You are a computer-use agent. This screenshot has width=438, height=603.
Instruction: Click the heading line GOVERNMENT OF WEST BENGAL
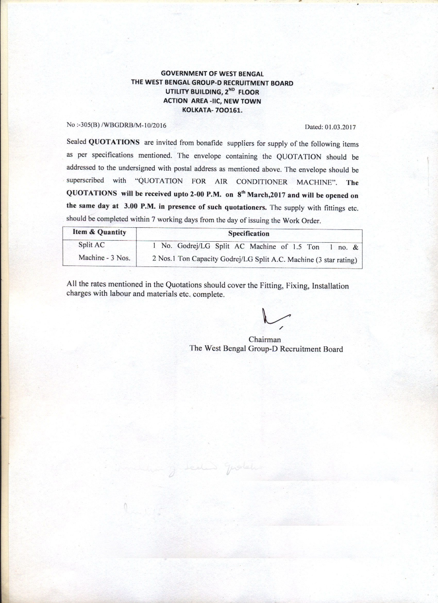(212, 74)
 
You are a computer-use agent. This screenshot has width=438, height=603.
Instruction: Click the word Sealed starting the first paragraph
(76, 141)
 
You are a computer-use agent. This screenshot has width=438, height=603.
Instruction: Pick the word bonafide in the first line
(209, 143)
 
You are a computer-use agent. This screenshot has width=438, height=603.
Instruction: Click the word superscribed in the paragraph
(85, 180)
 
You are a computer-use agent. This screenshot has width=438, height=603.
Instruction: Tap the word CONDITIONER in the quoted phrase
(262, 182)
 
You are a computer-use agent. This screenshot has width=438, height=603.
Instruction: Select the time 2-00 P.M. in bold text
(206, 194)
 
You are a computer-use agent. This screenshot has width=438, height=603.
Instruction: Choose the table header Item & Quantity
(99, 232)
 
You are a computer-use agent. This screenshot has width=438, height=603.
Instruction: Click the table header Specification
(249, 234)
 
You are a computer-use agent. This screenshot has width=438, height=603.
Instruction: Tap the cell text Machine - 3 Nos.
(104, 258)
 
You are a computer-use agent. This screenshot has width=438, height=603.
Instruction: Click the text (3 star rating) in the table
(336, 260)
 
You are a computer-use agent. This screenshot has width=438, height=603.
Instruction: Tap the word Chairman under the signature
(264, 340)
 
